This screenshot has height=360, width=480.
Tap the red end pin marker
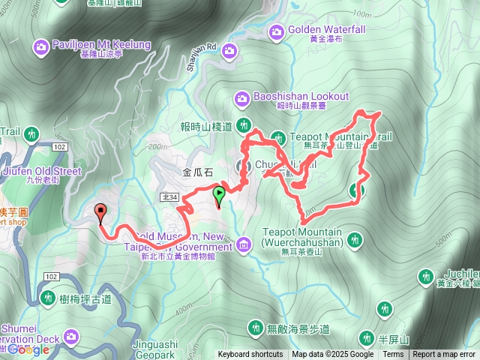pos(101,213)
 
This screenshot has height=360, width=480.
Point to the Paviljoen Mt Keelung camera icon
pos(40,48)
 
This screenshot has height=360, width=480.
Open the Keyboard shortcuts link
pos(250,355)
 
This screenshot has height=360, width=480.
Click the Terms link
pos(393,355)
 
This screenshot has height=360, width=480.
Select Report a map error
pos(444,355)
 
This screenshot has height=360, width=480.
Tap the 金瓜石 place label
pos(198,172)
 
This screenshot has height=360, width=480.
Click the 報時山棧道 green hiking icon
pos(243,124)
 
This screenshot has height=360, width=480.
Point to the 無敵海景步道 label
pos(298,328)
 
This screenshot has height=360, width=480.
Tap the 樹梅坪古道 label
pos(85,298)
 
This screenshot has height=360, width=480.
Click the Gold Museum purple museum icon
pos(244,244)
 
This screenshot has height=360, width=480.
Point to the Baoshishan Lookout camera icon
pos(242,97)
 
